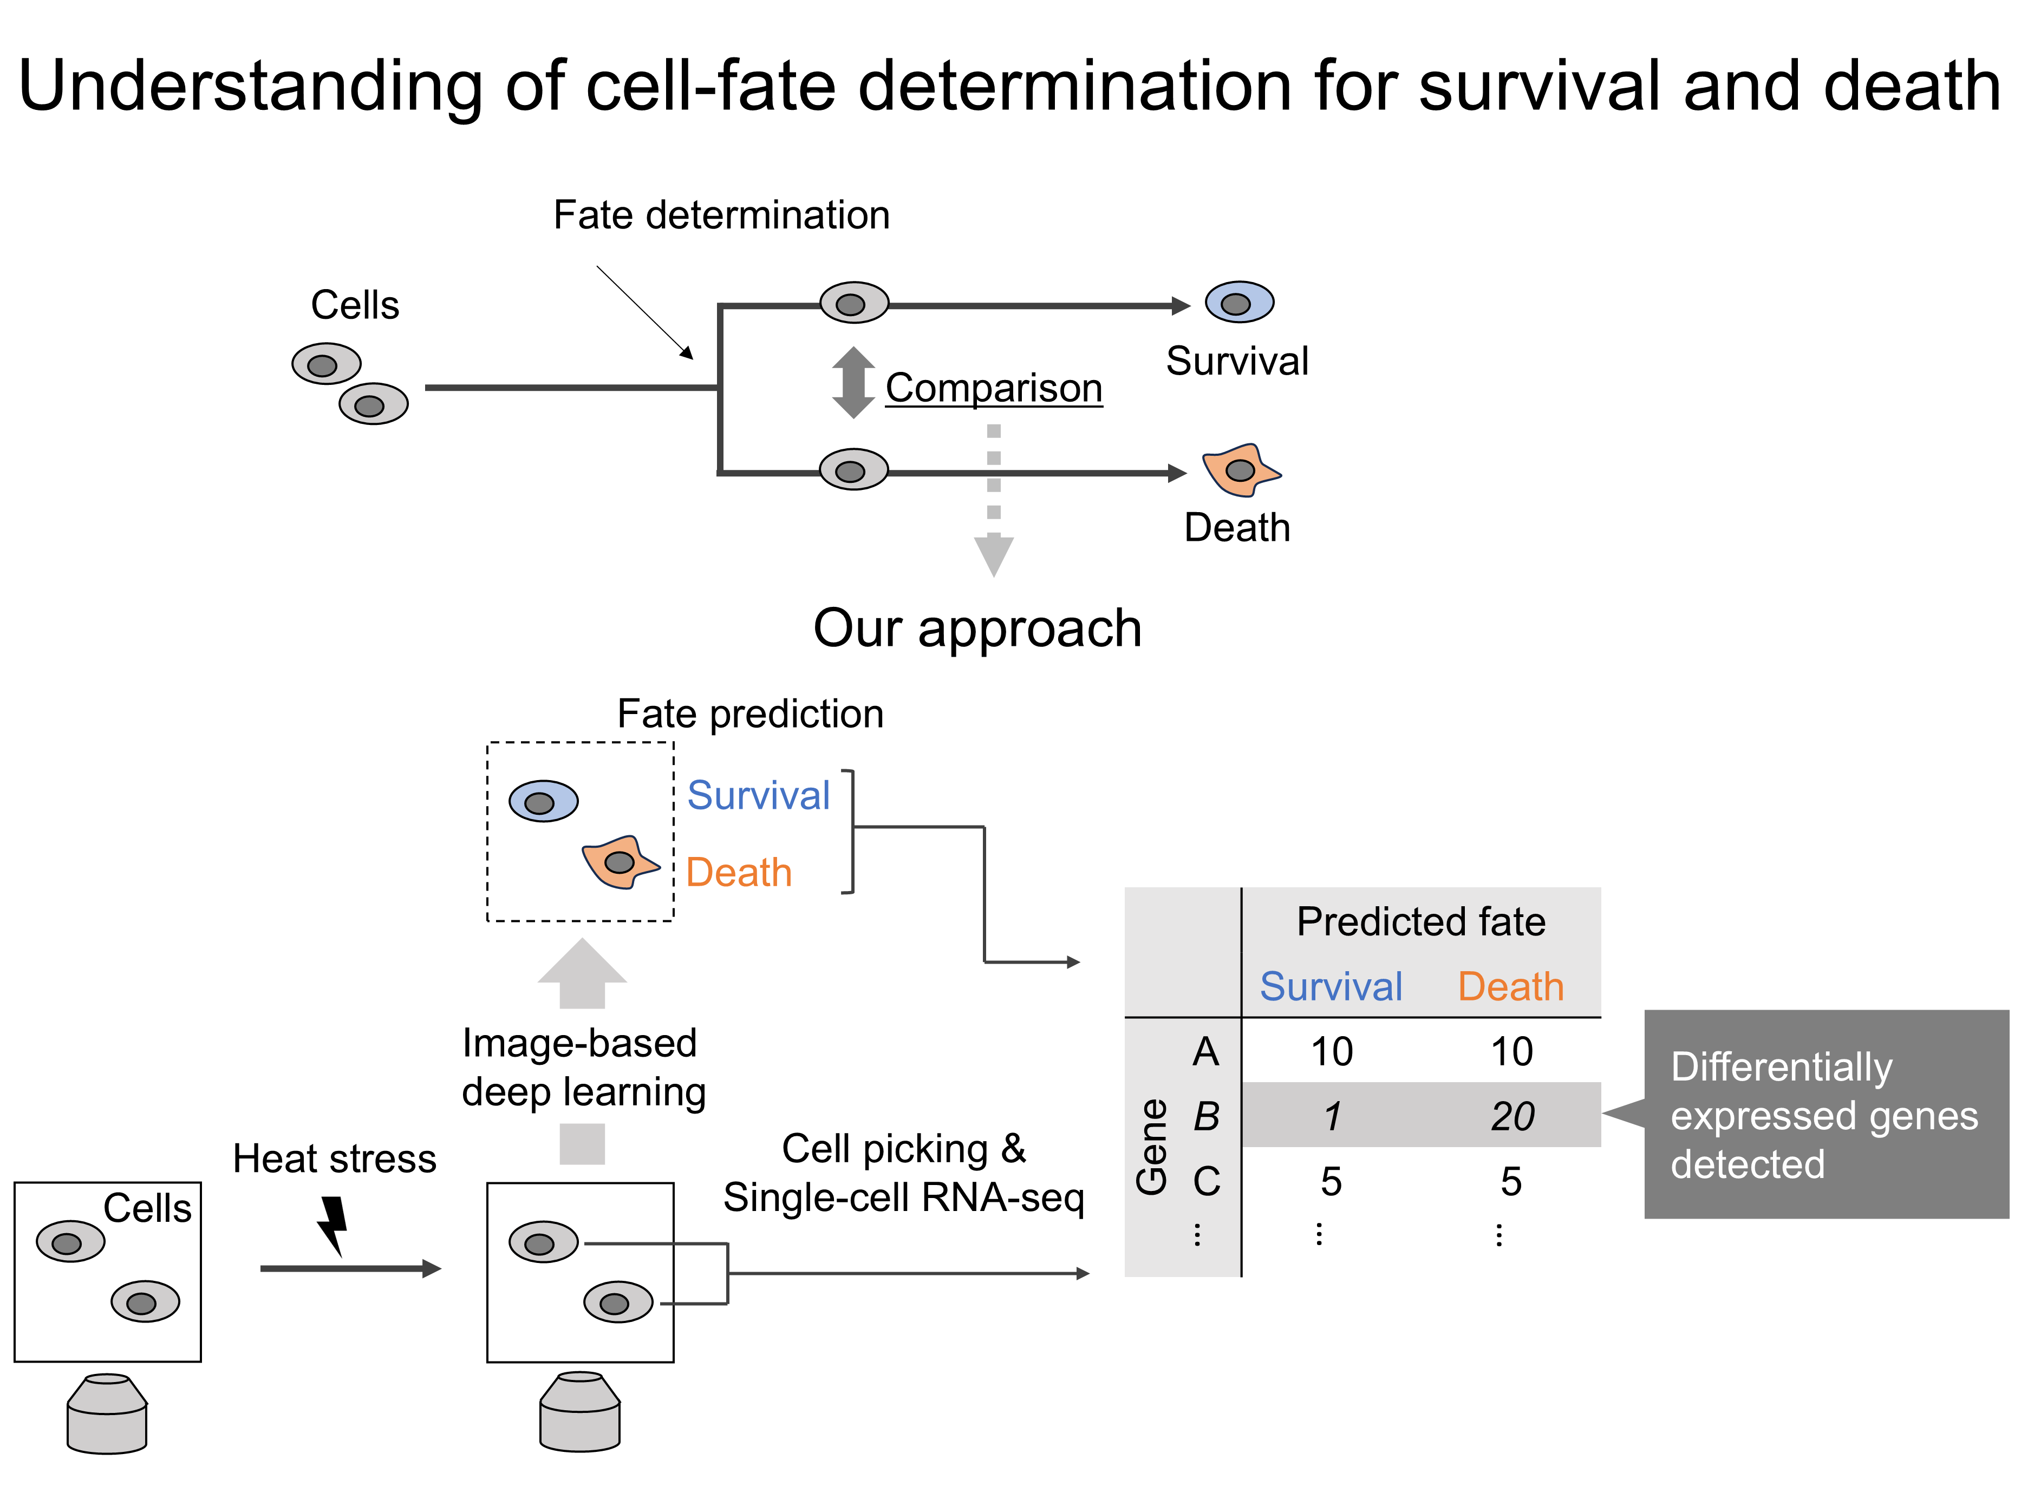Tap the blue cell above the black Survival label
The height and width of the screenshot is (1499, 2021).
[x=1238, y=302]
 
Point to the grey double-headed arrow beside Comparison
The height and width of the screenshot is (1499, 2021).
[x=853, y=382]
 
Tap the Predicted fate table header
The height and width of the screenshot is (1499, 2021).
[x=1420, y=922]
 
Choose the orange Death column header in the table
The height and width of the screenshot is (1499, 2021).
[x=1511, y=986]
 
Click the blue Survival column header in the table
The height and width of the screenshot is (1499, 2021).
[x=1331, y=986]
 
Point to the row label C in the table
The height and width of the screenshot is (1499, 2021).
[x=1206, y=1181]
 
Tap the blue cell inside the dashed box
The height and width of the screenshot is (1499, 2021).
[x=543, y=801]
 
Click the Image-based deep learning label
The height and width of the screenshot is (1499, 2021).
[x=583, y=1068]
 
